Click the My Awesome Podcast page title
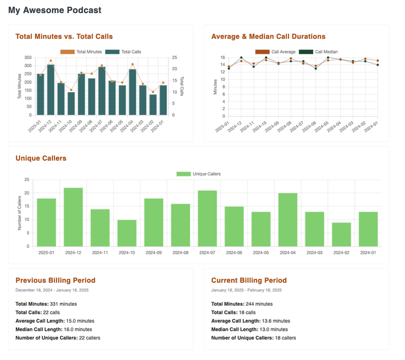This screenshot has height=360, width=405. point(55,10)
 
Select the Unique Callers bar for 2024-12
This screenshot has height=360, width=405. point(73,217)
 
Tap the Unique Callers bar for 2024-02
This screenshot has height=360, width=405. point(341,234)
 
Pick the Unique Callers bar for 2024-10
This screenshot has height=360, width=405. point(127,233)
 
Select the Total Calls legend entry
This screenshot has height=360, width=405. point(123,52)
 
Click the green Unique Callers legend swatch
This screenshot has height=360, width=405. point(183,174)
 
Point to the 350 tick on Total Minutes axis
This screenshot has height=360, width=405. point(28,58)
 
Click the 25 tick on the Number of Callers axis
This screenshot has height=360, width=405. point(26,180)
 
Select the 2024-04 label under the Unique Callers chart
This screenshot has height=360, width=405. point(287,252)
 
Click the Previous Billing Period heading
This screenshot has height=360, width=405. point(55,281)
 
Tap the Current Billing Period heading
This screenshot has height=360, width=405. point(249,281)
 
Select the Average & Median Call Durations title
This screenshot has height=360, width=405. point(268,37)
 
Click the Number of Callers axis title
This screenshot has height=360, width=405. point(19,213)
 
